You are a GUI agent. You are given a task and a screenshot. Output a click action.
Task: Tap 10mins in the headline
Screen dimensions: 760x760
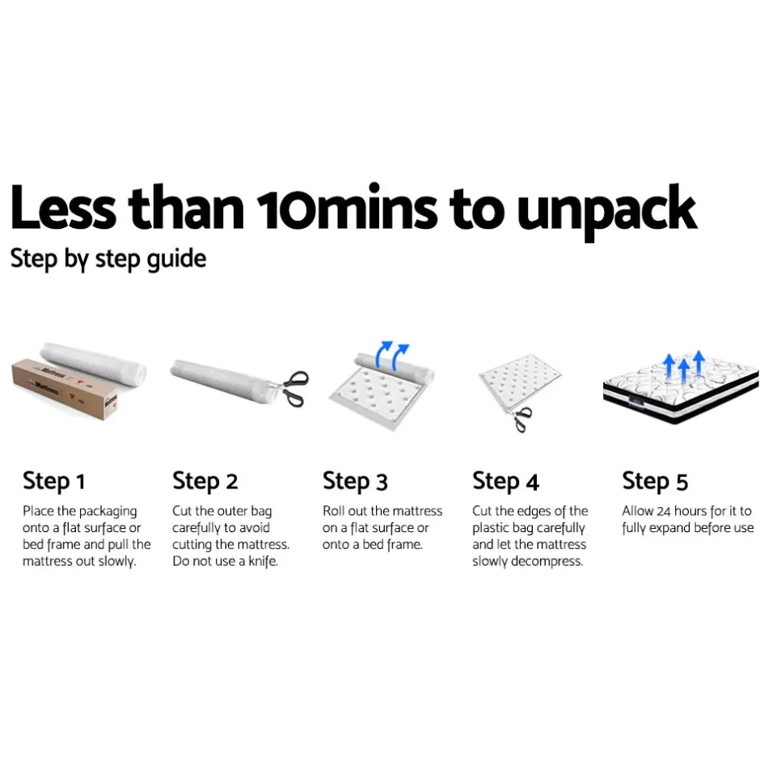click(347, 206)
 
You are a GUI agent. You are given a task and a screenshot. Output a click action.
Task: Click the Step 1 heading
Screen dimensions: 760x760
click(54, 481)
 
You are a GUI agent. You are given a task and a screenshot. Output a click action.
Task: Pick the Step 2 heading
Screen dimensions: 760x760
click(205, 481)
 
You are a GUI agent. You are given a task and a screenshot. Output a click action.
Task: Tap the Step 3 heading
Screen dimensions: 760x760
click(355, 481)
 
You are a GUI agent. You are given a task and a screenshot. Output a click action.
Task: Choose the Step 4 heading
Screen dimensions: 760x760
click(505, 481)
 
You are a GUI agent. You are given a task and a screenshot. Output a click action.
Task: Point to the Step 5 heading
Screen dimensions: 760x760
click(656, 481)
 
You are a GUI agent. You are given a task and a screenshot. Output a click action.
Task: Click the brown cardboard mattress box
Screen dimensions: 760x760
click(65, 389)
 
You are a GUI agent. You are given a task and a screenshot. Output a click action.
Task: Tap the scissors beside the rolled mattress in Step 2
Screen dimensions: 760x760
click(293, 388)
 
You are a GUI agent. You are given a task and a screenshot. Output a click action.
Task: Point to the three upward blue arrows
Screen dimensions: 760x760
click(684, 366)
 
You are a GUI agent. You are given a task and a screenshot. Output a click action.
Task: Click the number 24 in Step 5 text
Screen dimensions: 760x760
click(664, 511)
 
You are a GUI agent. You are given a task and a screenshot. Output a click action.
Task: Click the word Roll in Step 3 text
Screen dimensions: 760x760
click(333, 511)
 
